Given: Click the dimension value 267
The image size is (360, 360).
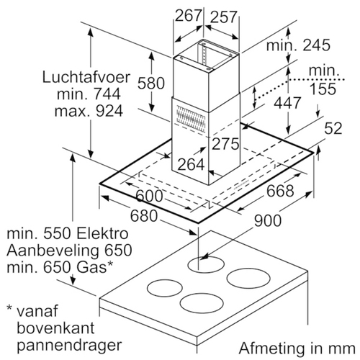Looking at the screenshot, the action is coord(188,16).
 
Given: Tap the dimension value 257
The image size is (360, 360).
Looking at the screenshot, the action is coord(224,17).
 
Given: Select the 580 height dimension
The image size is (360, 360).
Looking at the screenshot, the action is coord(151,83).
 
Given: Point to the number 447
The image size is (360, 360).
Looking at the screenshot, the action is coord(287,103).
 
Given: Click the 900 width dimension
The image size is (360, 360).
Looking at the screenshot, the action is coord(268,221).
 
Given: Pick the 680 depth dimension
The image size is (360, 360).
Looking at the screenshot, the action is coord(144,216).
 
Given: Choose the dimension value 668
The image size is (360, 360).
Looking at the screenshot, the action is coord(280,191).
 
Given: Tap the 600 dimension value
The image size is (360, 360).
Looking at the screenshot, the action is coord(149,196).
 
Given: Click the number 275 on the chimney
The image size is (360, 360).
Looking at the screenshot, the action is coord(225,144).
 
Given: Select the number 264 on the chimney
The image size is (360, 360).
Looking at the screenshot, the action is coord(191,165).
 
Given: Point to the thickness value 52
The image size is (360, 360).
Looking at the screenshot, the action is coord(333,128).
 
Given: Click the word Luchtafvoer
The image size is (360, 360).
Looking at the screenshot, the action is coord(86,77).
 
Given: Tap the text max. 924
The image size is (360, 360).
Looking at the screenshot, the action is coord(89,111).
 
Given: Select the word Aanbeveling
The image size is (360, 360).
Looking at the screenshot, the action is coord(53,251).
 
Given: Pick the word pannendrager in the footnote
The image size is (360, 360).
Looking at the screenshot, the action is coord(69,346).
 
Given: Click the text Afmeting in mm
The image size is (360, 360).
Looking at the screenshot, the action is coord(297,348).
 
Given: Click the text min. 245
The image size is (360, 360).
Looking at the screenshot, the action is coord(298,45).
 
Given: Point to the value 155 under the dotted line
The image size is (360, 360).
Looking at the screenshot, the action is coord(323,89).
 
